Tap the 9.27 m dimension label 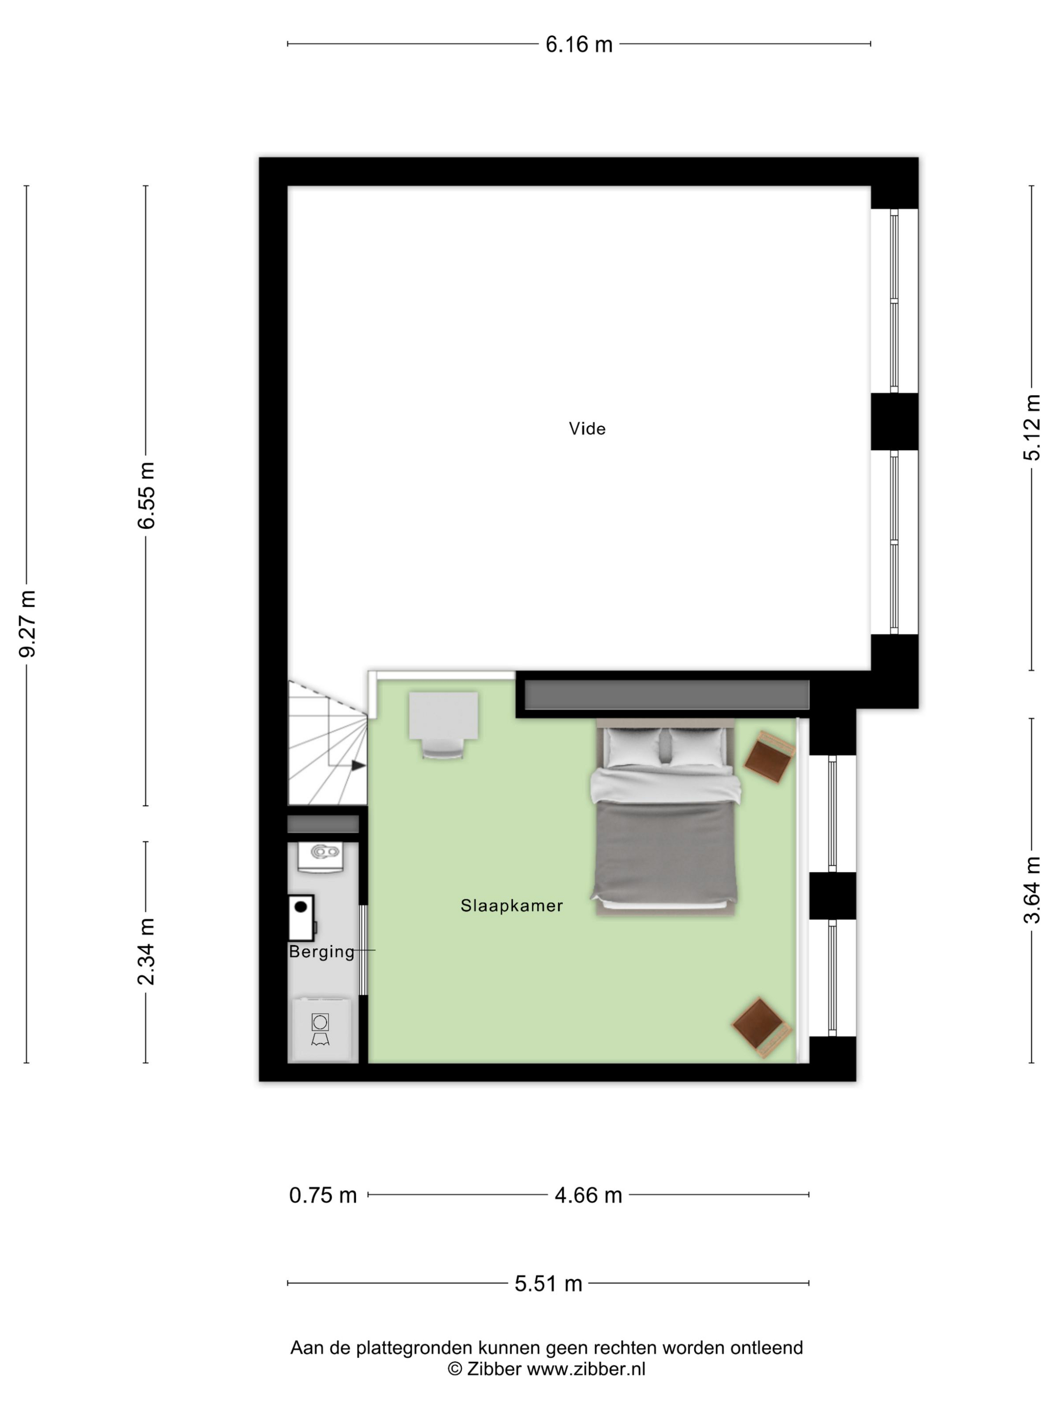coord(27,623)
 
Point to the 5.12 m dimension coord(1031,427)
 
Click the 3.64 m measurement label coord(1031,889)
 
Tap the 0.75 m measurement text coord(323,1195)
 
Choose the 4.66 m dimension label coord(588,1195)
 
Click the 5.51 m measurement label coord(549,1284)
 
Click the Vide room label coord(587,429)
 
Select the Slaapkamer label coord(511,906)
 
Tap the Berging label coord(321,952)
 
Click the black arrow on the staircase coord(358,765)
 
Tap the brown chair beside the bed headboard coord(770,758)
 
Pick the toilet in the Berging coord(321,856)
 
